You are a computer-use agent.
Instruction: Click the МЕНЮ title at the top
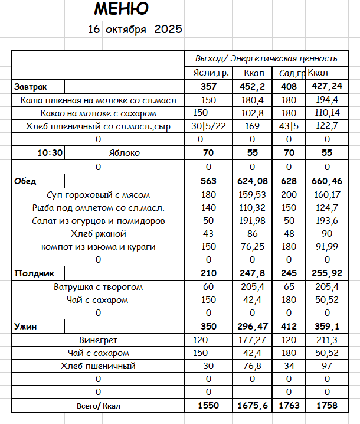[x=121, y=9]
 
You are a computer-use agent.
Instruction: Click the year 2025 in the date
[x=168, y=30]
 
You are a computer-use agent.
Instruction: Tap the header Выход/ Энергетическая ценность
[x=267, y=58]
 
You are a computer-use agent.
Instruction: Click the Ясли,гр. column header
[x=211, y=73]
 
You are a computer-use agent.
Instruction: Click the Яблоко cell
[x=125, y=153]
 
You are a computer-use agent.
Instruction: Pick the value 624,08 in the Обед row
[x=252, y=181]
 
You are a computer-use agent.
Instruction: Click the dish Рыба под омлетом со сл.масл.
[x=98, y=208]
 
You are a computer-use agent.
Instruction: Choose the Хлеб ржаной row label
[x=98, y=234]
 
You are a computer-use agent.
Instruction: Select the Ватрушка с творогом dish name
[x=98, y=287]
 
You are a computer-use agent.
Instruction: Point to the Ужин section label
[x=24, y=327]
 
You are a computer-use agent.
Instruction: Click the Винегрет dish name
[x=98, y=340]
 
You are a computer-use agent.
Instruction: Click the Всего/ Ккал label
[x=98, y=406]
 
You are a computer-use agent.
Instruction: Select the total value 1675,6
[x=252, y=406]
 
